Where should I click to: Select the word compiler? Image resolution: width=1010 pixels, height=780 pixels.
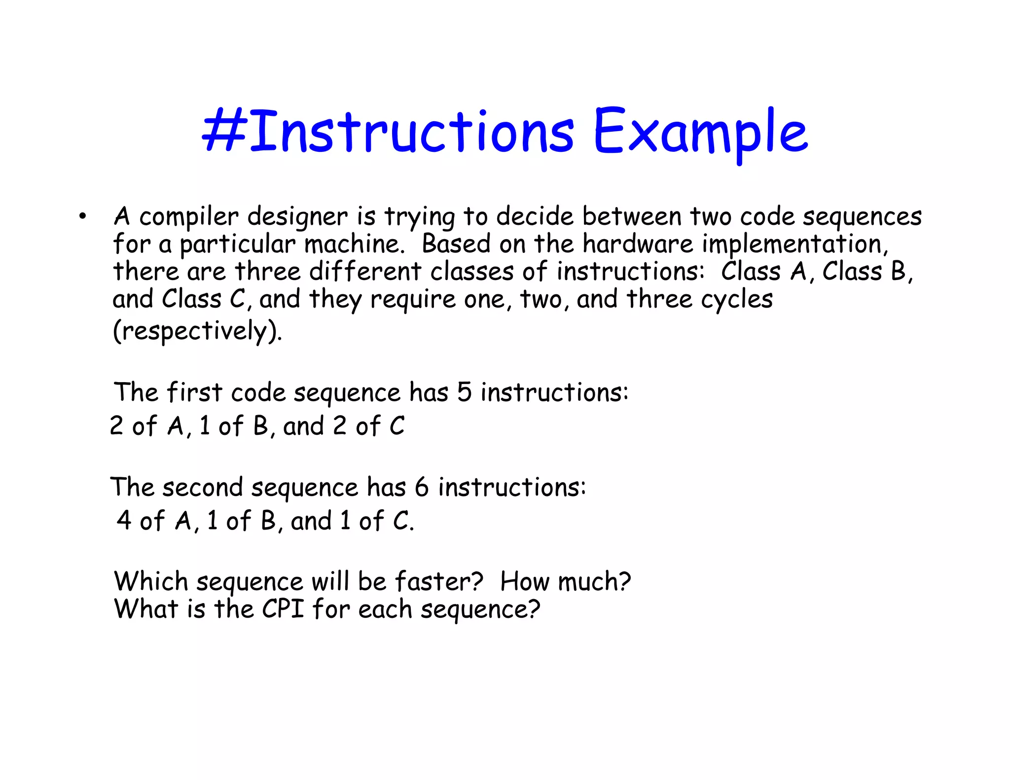pos(189,217)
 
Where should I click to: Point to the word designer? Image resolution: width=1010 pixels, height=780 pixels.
pos(297,217)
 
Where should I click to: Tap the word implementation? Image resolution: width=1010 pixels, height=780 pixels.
pos(795,245)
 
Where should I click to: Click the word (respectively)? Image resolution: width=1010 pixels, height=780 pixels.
pos(197,331)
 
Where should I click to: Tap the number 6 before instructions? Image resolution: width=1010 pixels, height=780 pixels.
pos(422,487)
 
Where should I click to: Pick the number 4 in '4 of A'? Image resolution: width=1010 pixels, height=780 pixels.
pos(124,521)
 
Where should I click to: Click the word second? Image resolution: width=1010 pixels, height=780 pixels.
pos(203,487)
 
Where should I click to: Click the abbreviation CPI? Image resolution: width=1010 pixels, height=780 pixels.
pos(283,609)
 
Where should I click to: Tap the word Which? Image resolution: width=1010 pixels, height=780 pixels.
pos(151,582)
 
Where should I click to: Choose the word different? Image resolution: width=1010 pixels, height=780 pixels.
pos(365,272)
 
